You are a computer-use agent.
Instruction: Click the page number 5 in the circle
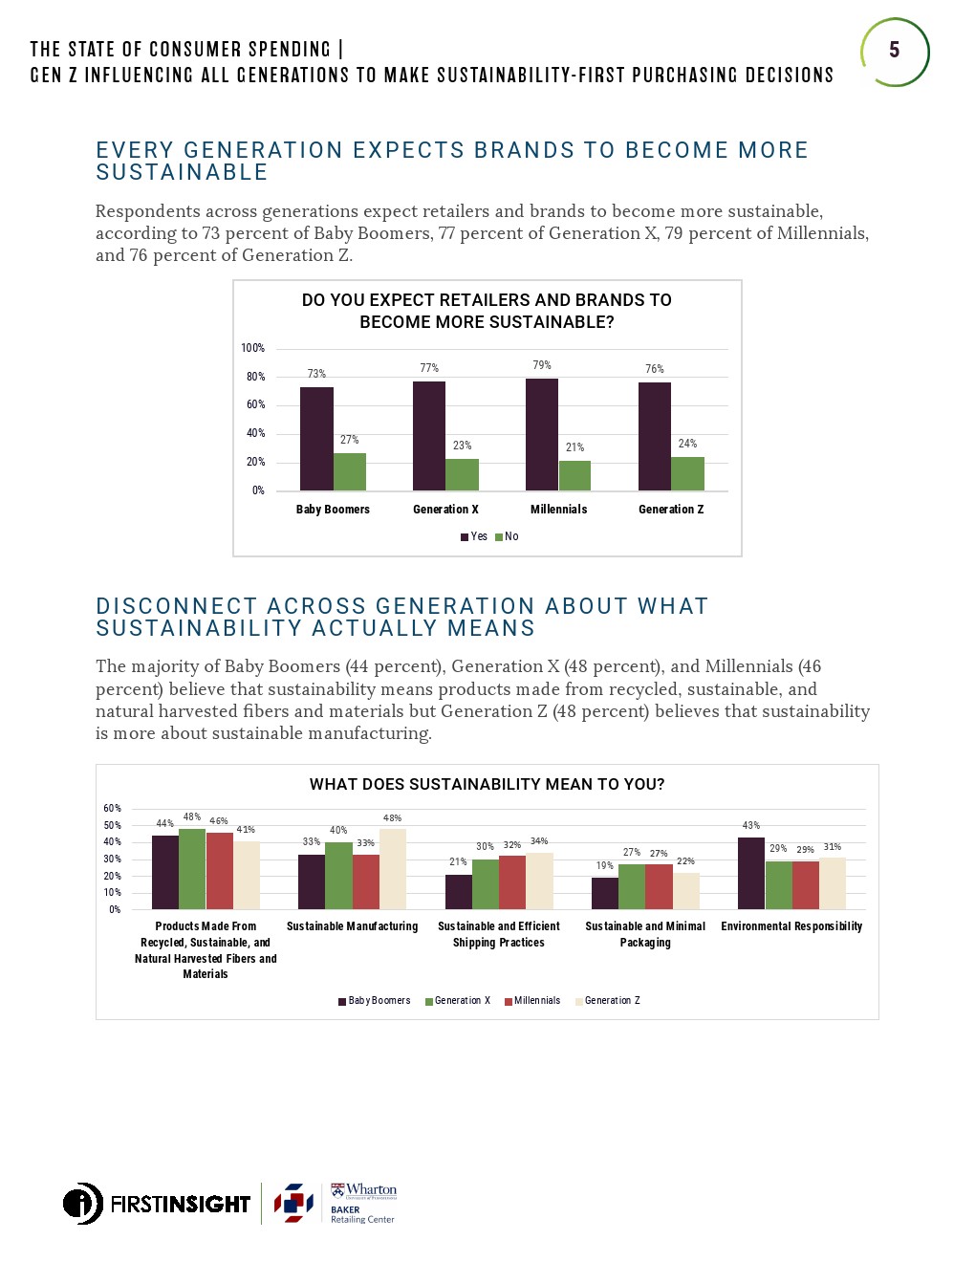pyautogui.click(x=894, y=51)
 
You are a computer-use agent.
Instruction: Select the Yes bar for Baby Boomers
pyautogui.click(x=316, y=439)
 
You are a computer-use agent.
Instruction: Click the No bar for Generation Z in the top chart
pyautogui.click(x=687, y=473)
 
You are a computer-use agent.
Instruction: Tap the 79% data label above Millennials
pyautogui.click(x=542, y=365)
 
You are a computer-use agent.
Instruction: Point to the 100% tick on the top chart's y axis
pyautogui.click(x=253, y=348)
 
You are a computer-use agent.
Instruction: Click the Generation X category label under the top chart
pyautogui.click(x=445, y=510)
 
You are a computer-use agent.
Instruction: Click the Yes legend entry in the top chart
pyautogui.click(x=474, y=536)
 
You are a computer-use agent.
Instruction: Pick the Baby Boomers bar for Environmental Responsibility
pyautogui.click(x=751, y=873)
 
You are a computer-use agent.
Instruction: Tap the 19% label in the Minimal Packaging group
pyautogui.click(x=604, y=865)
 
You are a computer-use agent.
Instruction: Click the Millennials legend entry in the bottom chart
pyautogui.click(x=532, y=1001)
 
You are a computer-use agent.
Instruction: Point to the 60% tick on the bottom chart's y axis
pyautogui.click(x=113, y=809)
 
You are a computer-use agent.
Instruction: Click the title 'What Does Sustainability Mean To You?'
pyautogui.click(x=487, y=785)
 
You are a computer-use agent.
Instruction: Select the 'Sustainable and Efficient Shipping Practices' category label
pyautogui.click(x=499, y=934)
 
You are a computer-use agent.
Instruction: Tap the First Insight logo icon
pyautogui.click(x=83, y=1204)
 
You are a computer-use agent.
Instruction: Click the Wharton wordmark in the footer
pyautogui.click(x=370, y=1190)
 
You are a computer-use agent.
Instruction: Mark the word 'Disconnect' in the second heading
pyautogui.click(x=177, y=606)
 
